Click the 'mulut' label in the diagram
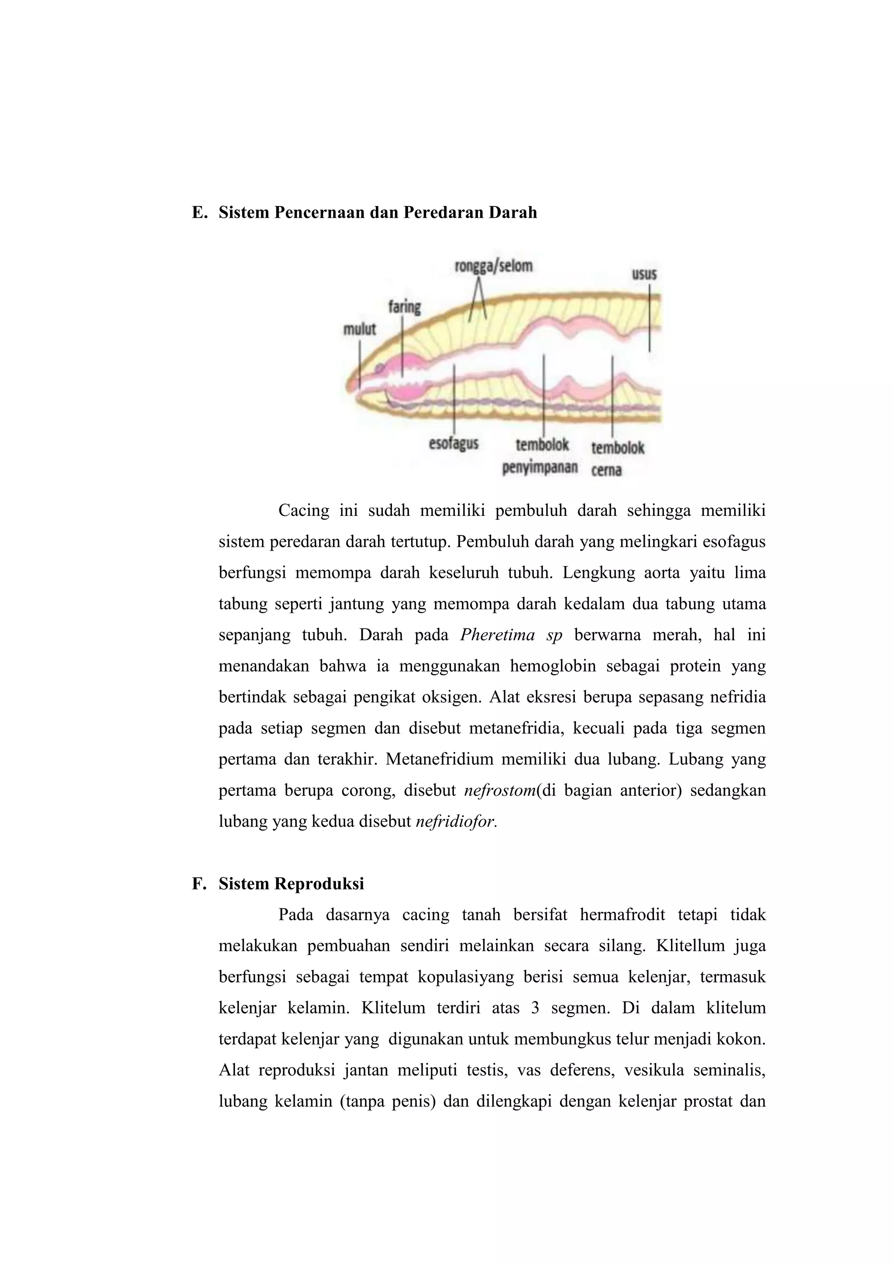coord(359,329)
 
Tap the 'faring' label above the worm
coord(405,307)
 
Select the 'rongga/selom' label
coord(493,266)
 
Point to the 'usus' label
coord(643,274)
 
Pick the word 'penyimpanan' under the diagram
coord(540,467)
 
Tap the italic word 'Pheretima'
coord(497,635)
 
